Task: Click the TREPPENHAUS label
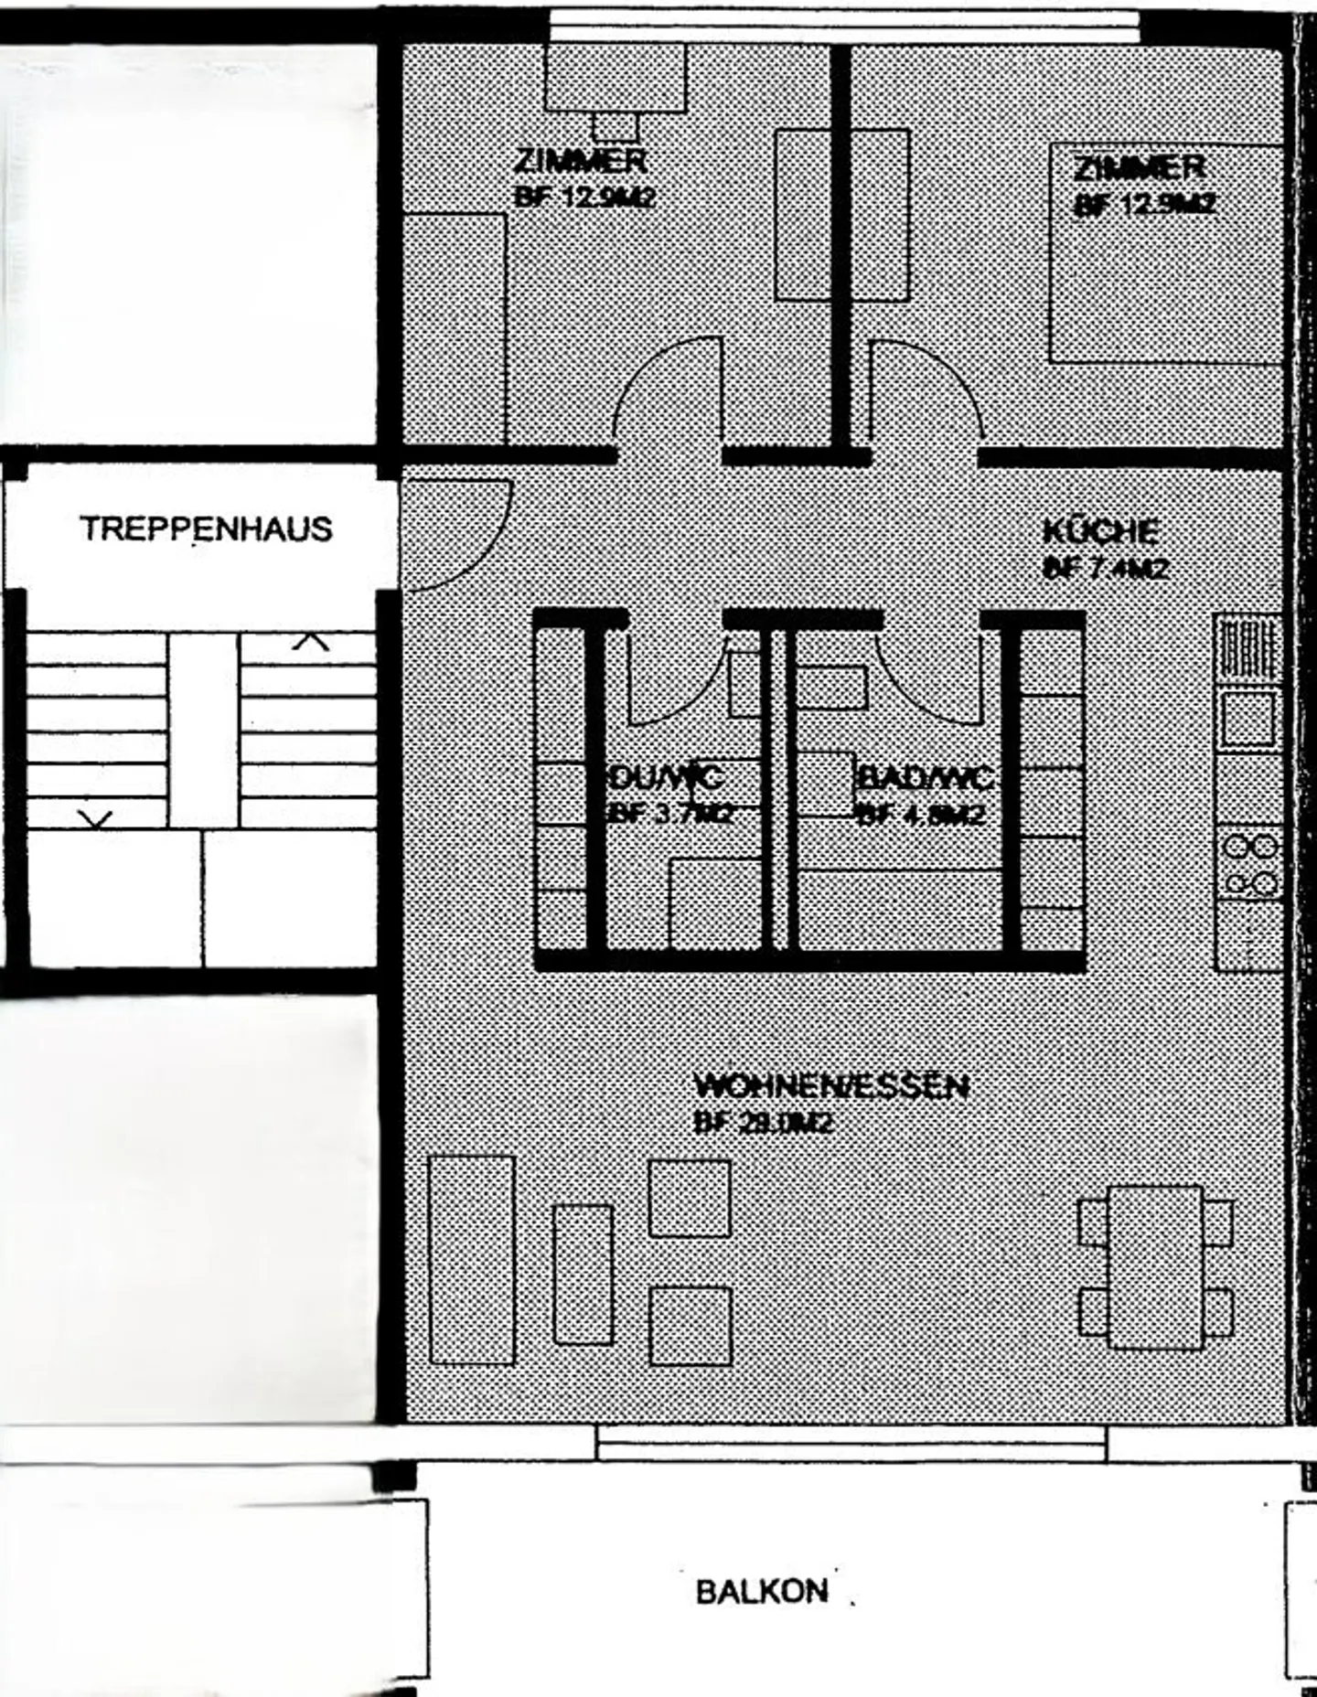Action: (x=206, y=529)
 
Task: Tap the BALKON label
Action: (x=762, y=1592)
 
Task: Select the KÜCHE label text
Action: (x=1101, y=531)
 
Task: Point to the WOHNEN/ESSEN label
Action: (x=830, y=1086)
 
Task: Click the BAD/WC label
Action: (x=924, y=778)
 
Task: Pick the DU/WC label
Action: (x=666, y=778)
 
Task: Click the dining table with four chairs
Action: (x=1155, y=1267)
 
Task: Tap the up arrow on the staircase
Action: (x=311, y=642)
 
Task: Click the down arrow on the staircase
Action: (x=95, y=818)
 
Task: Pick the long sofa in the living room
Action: (x=472, y=1259)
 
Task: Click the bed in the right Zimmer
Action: (x=1166, y=252)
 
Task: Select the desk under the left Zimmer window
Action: (x=615, y=78)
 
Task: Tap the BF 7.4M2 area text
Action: (x=1106, y=569)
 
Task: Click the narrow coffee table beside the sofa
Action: (x=583, y=1275)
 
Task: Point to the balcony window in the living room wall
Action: (x=851, y=1442)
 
